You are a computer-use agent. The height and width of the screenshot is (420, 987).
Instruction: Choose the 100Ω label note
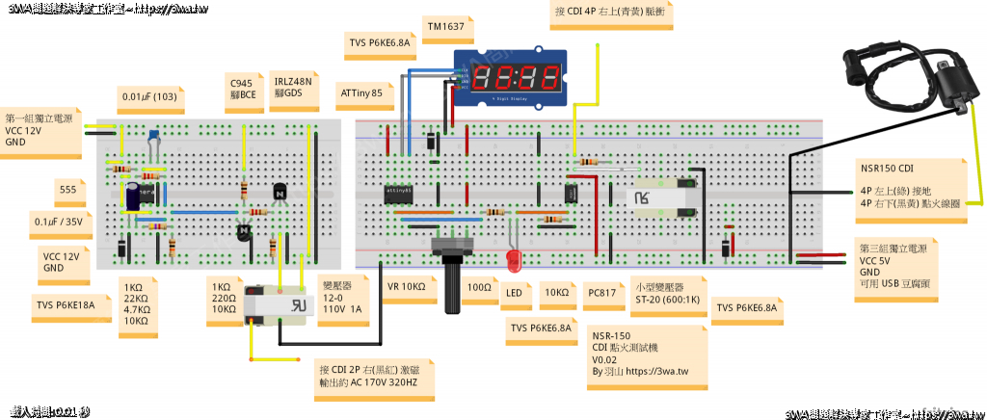(x=479, y=287)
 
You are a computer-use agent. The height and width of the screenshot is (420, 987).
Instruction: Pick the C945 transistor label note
(x=243, y=88)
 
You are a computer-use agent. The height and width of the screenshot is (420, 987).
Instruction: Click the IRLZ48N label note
(x=293, y=88)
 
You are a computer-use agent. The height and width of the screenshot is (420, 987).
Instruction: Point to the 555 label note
(x=67, y=189)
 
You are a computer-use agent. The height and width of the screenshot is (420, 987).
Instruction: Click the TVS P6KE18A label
(x=66, y=304)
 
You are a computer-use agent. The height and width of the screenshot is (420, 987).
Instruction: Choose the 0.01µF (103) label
(x=148, y=97)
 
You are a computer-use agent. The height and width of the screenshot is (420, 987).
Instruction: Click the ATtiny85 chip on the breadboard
(x=399, y=191)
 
